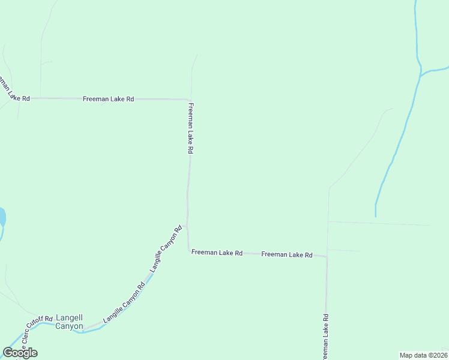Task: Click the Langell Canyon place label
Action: click(x=69, y=322)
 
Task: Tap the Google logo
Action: click(x=20, y=353)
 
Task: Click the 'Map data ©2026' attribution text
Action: click(x=423, y=355)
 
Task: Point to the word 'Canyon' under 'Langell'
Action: click(x=69, y=326)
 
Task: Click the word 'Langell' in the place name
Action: click(x=69, y=317)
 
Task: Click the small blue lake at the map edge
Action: click(x=2, y=216)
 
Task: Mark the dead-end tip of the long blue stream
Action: click(x=376, y=216)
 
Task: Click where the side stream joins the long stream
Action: click(x=421, y=75)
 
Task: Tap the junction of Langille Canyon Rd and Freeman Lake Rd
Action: click(x=187, y=226)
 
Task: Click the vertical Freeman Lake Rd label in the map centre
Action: click(x=191, y=128)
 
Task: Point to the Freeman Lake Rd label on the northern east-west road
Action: click(x=108, y=98)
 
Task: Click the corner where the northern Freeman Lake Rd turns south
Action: click(x=190, y=100)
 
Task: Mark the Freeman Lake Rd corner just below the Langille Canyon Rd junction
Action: click(x=190, y=251)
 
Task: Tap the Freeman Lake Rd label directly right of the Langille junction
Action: click(x=217, y=253)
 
